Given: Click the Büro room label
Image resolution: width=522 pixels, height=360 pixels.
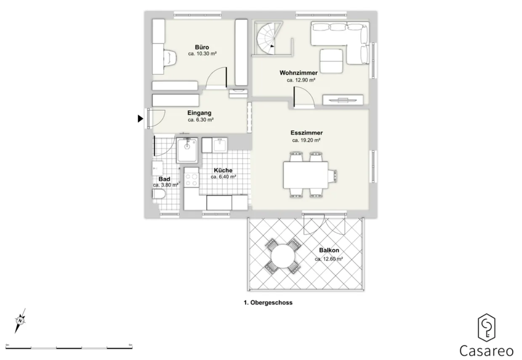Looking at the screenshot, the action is tap(202, 47).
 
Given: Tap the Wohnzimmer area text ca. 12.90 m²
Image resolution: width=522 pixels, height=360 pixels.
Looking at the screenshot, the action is tap(301, 80).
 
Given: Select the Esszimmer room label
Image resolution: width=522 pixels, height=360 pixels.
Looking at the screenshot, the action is tap(307, 133).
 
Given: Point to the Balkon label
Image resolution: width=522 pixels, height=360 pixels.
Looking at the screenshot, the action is tap(329, 250).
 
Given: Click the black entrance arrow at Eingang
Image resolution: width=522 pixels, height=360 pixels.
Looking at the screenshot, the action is tap(140, 119).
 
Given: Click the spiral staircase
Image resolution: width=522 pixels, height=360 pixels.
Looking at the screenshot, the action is tap(268, 39).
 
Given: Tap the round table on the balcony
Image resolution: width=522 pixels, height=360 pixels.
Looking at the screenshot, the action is tap(283, 256).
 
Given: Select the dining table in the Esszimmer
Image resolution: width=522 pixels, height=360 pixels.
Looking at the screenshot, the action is tap(305, 175).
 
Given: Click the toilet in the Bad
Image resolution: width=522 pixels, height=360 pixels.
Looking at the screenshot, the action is tap(159, 194).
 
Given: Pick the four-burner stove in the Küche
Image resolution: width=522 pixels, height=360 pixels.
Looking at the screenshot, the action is tap(191, 180).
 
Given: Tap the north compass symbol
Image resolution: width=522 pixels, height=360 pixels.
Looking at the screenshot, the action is tap(20, 320).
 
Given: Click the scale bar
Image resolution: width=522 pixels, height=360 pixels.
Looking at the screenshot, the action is tap(69, 348).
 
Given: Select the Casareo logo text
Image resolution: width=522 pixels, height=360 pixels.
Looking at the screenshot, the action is tap(486, 351).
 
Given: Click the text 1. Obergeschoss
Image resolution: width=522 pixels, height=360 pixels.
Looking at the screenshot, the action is tap(268, 303).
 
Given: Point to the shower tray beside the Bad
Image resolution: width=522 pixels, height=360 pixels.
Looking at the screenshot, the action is tap(187, 150).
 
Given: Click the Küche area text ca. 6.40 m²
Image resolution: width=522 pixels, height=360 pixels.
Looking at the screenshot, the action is tap(223, 177).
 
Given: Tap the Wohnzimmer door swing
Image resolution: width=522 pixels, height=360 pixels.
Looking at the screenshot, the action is tap(304, 97).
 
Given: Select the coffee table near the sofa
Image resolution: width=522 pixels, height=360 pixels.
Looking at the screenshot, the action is tap(331, 61).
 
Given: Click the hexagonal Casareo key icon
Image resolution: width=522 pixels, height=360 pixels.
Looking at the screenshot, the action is tap(487, 328).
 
